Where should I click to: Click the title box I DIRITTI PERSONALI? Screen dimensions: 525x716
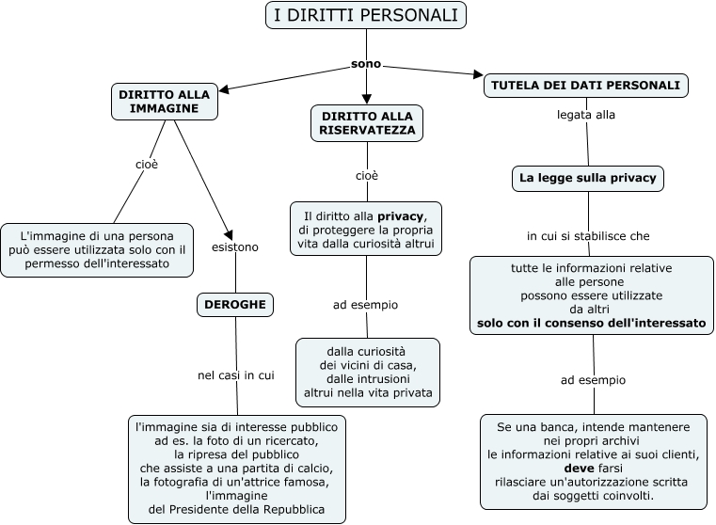click(x=365, y=15)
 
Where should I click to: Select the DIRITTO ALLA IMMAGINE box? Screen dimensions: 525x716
click(x=165, y=101)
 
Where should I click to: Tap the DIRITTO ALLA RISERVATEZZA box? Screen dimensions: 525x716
click(x=367, y=123)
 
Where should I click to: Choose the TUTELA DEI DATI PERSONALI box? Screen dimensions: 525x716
click(x=587, y=85)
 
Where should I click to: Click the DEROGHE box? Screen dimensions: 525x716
click(x=235, y=304)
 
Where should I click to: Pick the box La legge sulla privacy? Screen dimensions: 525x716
click(x=587, y=177)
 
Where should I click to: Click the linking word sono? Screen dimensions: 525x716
click(x=366, y=64)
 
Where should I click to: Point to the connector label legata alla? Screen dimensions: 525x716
click(x=586, y=115)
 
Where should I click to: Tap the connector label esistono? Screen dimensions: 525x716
click(x=235, y=247)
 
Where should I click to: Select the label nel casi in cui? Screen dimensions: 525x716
click(x=235, y=374)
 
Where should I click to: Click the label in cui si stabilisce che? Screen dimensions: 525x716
click(x=588, y=235)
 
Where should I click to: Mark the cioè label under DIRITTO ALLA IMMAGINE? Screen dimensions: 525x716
click(x=147, y=164)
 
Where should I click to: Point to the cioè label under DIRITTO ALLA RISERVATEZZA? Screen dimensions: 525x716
click(x=367, y=175)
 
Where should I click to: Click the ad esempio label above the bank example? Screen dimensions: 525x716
click(x=593, y=380)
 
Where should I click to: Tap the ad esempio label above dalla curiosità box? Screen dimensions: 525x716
click(x=366, y=305)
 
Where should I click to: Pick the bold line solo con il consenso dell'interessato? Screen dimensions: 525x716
click(x=592, y=323)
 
